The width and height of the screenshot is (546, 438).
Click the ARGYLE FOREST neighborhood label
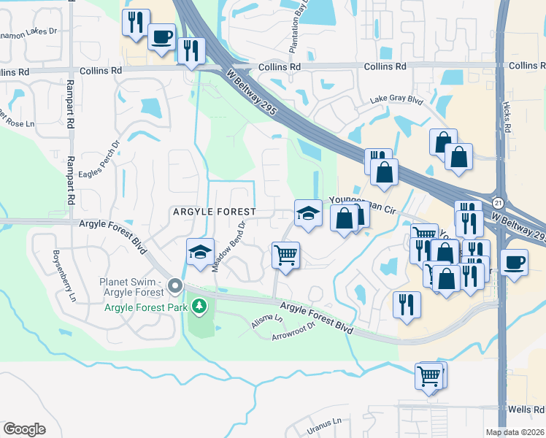point(214,212)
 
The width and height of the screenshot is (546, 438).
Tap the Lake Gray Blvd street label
point(396,99)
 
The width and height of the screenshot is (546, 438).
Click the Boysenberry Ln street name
point(64,277)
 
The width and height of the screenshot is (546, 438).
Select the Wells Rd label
point(528,409)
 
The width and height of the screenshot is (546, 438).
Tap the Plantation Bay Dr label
point(298,28)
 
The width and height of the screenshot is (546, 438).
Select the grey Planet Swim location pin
point(174,285)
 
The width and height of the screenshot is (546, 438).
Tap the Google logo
point(24,429)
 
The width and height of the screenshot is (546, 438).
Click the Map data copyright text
point(515,432)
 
